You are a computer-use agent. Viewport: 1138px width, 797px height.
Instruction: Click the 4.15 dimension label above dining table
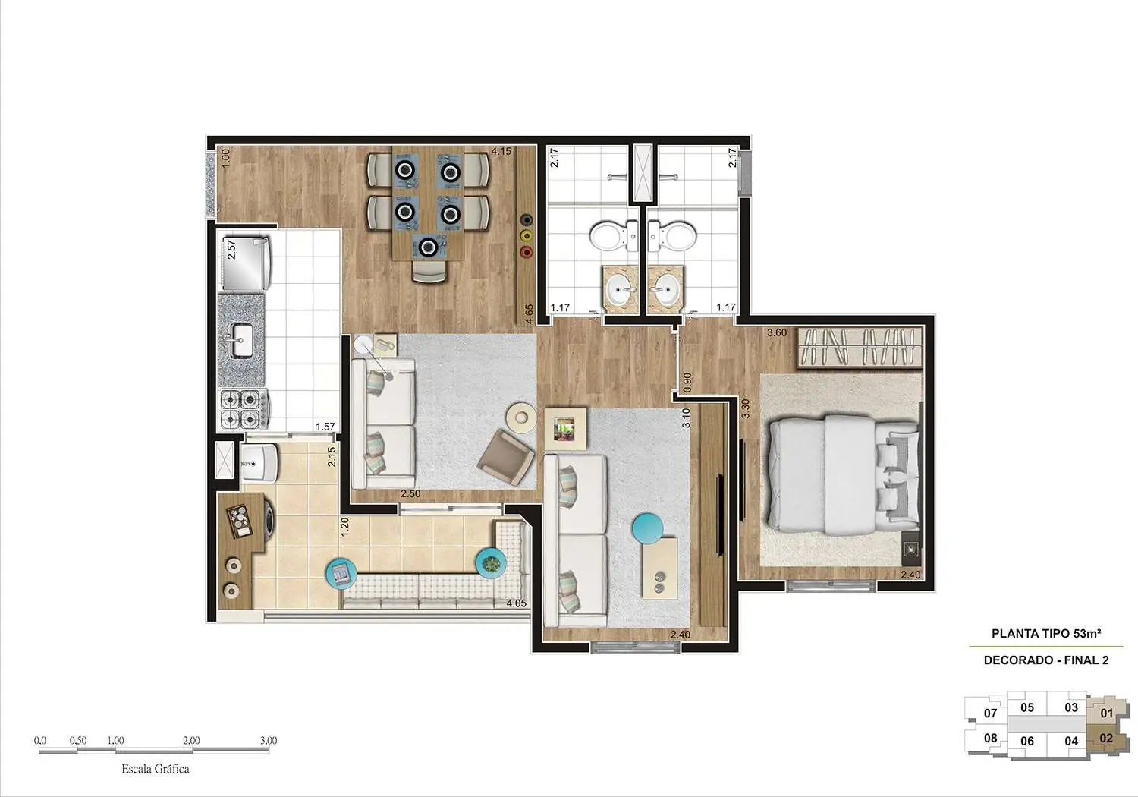501,151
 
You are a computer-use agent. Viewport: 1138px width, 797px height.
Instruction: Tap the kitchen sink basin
242,339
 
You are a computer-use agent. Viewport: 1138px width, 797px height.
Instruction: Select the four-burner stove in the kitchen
242,408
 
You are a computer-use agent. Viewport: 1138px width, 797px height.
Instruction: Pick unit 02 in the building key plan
1106,738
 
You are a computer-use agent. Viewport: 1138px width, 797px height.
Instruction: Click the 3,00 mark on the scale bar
268,740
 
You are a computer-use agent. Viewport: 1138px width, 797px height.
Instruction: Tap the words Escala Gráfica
156,769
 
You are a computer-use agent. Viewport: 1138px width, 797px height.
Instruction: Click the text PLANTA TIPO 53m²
1046,633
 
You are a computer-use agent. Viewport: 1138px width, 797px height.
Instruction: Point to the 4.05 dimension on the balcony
516,603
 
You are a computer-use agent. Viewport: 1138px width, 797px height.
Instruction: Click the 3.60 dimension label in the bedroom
777,332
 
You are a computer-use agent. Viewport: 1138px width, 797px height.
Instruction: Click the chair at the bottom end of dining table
429,271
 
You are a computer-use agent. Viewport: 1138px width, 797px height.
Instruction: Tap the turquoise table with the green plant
491,563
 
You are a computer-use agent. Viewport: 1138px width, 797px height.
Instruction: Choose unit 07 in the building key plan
990,713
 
